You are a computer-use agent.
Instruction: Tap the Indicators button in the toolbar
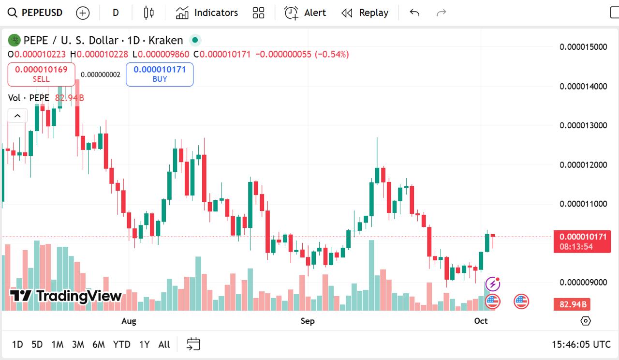coord(207,13)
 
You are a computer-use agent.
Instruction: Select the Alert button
coord(305,13)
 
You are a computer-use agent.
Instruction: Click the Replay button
coord(365,13)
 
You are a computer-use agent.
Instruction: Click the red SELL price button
coord(41,74)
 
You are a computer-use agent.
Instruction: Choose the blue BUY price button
coord(160,74)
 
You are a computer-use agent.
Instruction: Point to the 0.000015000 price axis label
coord(583,47)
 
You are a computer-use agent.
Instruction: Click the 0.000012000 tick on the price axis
coord(583,165)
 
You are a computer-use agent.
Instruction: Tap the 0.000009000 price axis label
coord(583,282)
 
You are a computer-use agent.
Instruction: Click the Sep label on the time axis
coord(308,321)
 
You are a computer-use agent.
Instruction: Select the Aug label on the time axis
coord(129,321)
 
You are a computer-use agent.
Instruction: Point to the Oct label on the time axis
coord(481,321)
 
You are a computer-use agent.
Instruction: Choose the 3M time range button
coord(78,345)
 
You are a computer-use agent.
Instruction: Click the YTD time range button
coord(121,345)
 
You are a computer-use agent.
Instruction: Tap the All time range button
coord(164,345)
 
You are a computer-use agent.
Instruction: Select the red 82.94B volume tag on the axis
coord(573,304)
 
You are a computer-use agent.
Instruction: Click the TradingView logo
coord(66,296)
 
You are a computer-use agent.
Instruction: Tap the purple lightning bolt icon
coord(492,284)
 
